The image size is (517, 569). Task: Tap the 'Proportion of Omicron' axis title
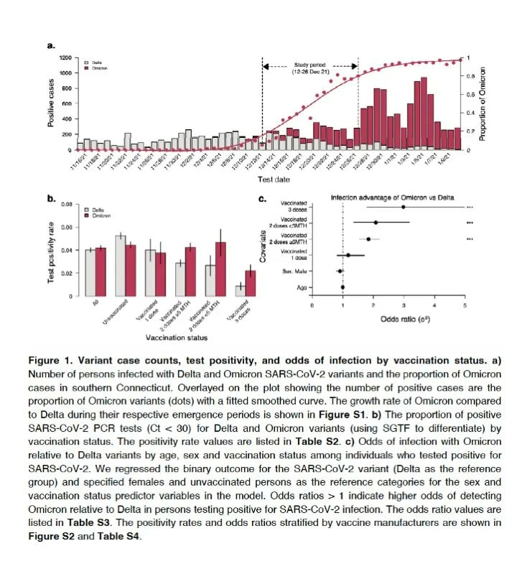pyautogui.click(x=482, y=104)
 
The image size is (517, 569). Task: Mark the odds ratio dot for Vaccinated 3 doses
pyautogui.click(x=404, y=207)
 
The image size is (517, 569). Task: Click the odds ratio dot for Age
pyautogui.click(x=343, y=287)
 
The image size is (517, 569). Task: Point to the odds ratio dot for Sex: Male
pyautogui.click(x=340, y=271)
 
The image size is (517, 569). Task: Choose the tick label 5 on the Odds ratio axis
pyautogui.click(x=464, y=305)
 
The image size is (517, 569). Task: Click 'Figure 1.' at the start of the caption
pyautogui.click(x=77, y=361)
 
